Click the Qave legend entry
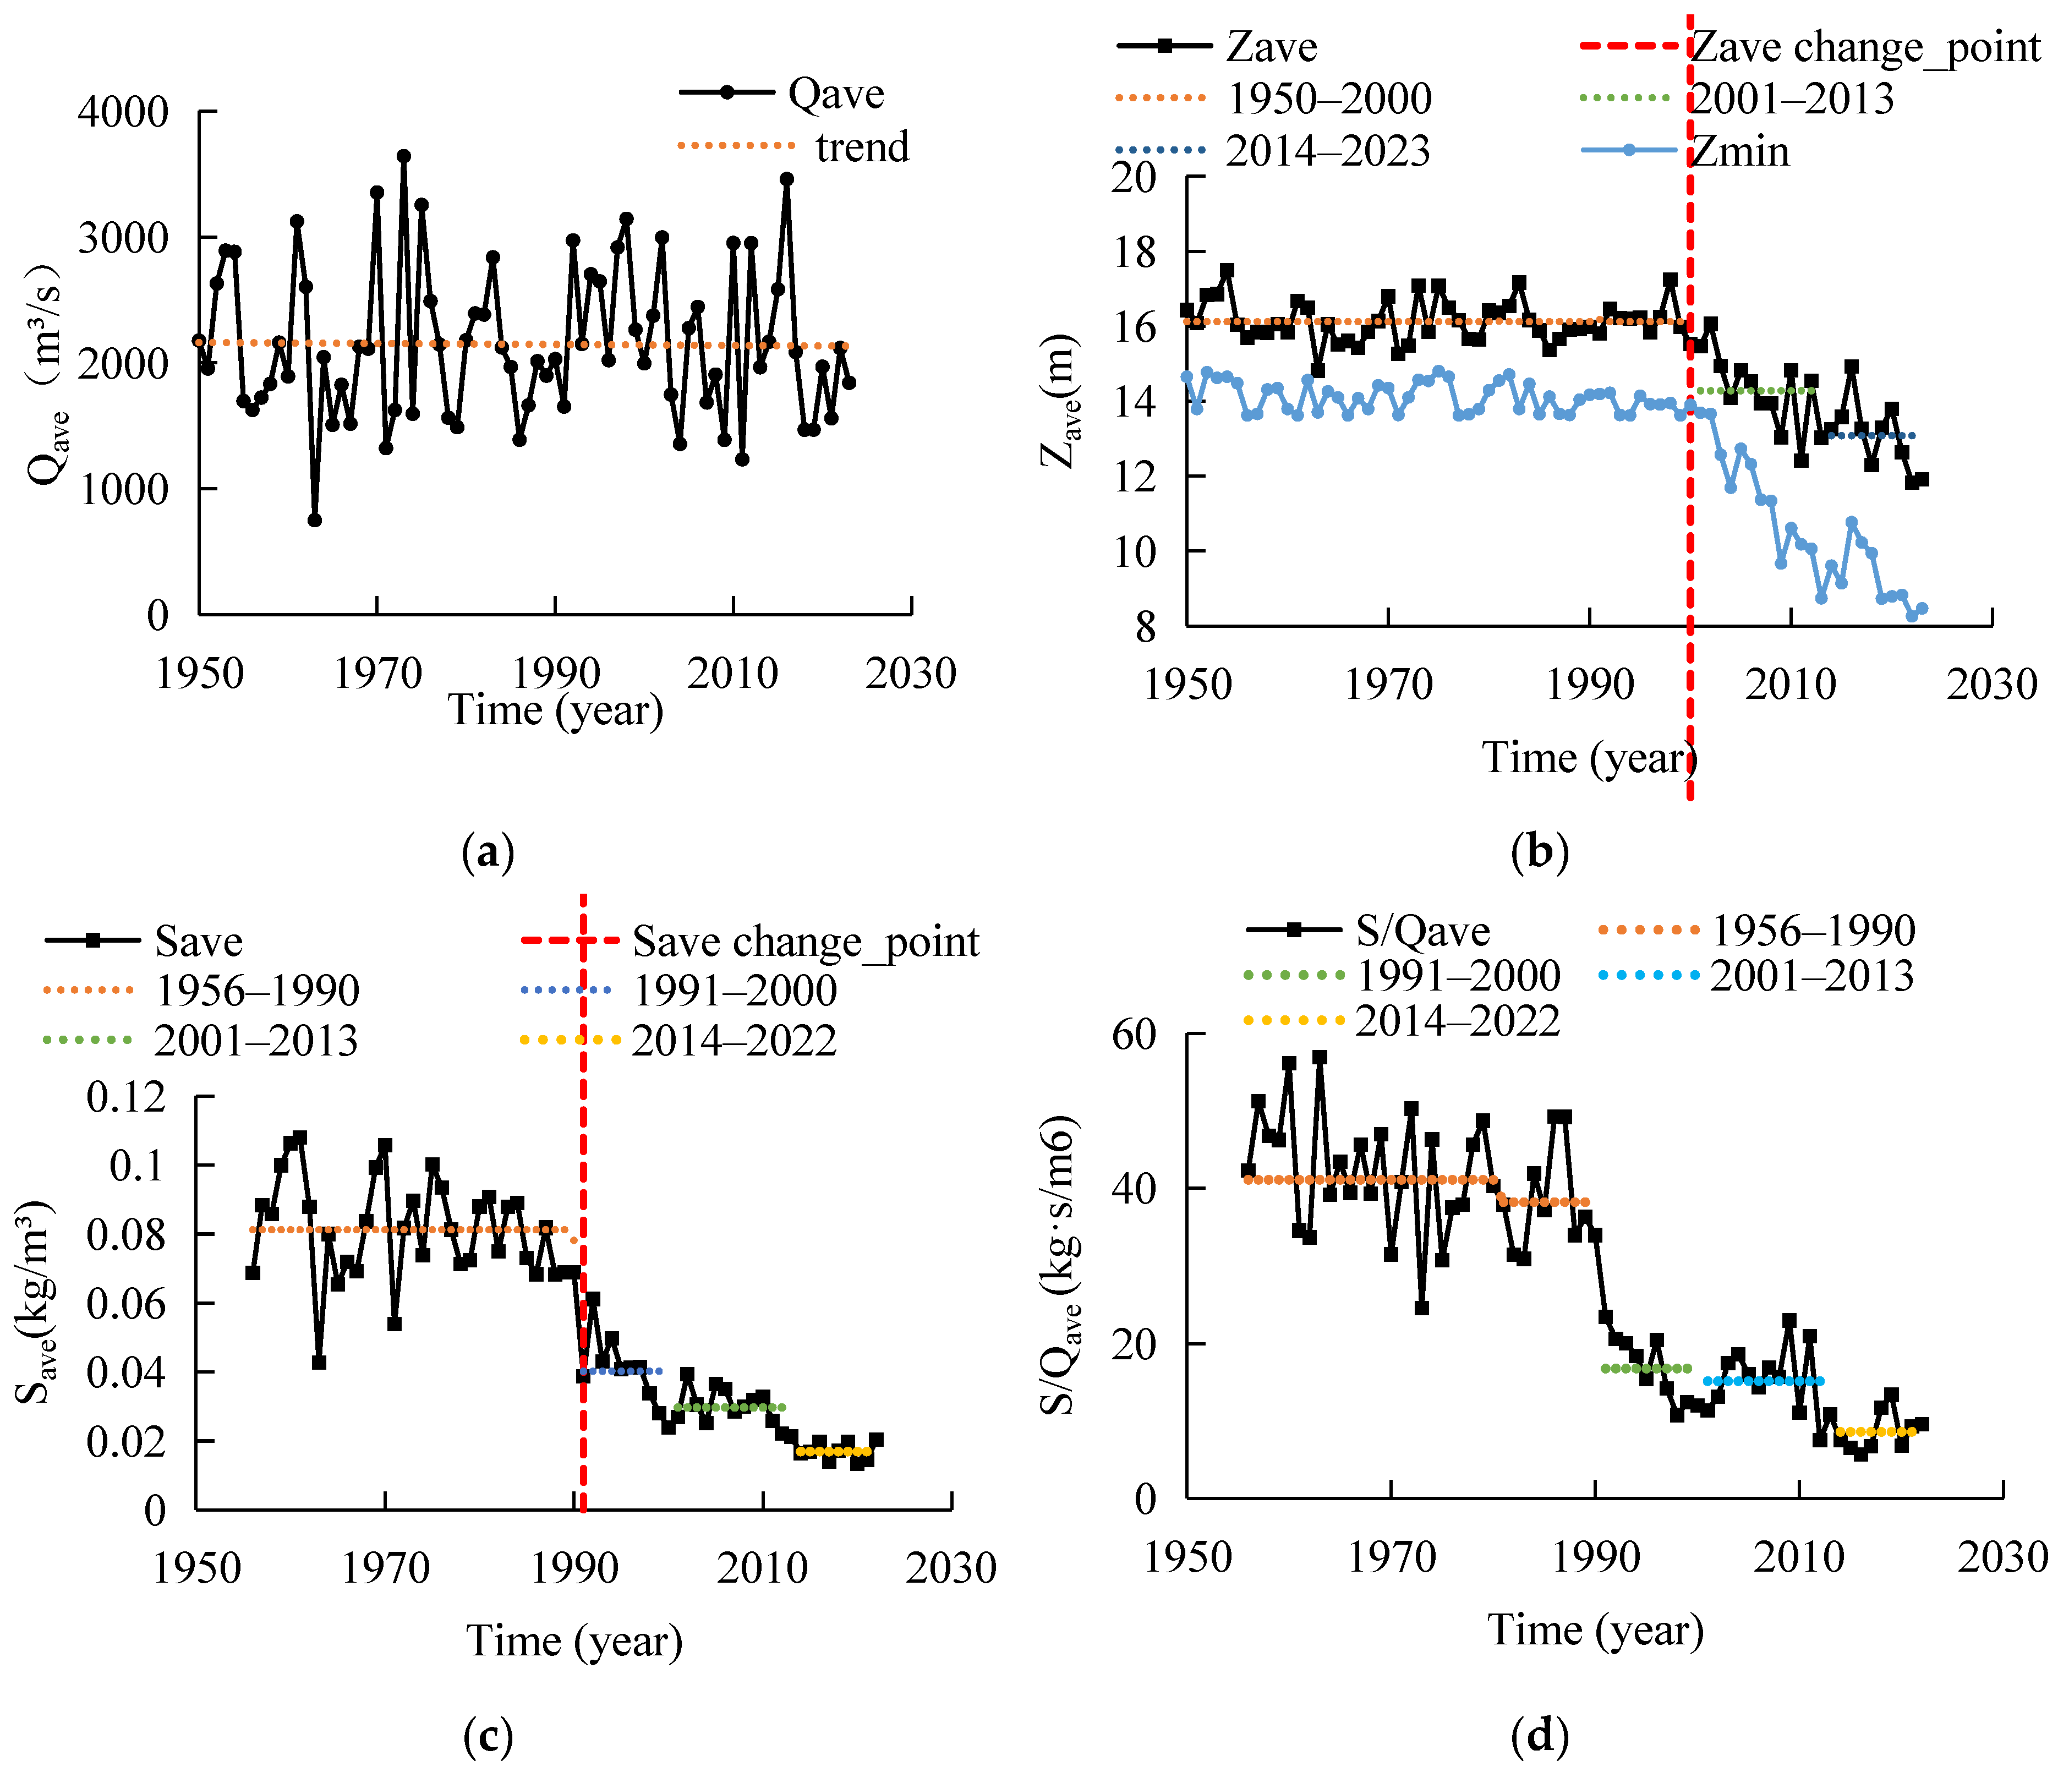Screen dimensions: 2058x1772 tap(782, 94)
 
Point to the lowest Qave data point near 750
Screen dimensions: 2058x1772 tap(315, 519)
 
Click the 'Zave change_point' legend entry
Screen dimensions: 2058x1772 tap(1808, 47)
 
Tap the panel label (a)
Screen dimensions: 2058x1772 tap(489, 851)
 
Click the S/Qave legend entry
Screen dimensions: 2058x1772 tap(1368, 931)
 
